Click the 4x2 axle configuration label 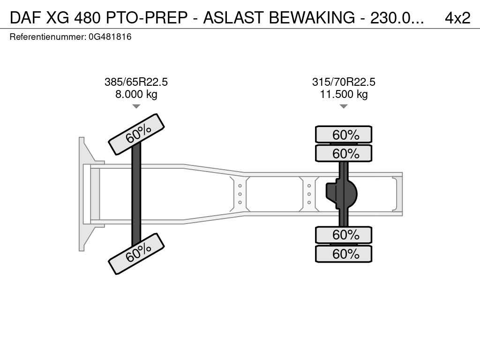click(x=457, y=18)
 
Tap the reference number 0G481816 click(x=110, y=37)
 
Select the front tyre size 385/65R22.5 click(x=136, y=82)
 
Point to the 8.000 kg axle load click(x=136, y=94)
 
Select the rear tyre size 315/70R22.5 click(x=344, y=82)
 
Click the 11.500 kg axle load click(x=344, y=94)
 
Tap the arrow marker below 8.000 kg click(x=136, y=106)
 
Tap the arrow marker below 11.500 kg click(x=344, y=106)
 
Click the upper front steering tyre click(x=136, y=135)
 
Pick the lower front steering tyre click(x=136, y=254)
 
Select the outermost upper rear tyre click(x=344, y=135)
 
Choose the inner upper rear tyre click(x=344, y=153)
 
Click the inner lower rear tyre click(x=344, y=235)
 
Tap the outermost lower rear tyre click(x=344, y=254)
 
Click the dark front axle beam click(x=136, y=194)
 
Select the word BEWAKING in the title click(x=312, y=18)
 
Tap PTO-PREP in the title click(x=147, y=18)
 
